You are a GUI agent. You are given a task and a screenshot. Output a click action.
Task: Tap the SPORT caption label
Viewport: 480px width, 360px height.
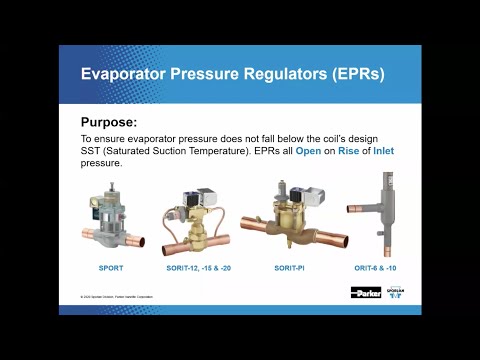[x=110, y=268]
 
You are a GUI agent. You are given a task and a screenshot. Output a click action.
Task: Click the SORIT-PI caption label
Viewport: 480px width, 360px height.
[x=289, y=268]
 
